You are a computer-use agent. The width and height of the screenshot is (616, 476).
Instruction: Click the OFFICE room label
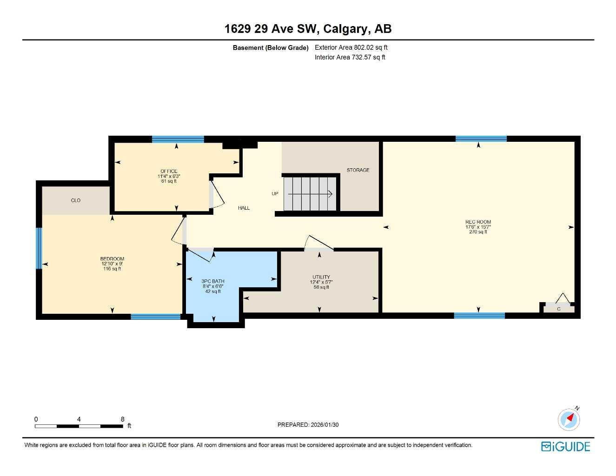tap(169, 171)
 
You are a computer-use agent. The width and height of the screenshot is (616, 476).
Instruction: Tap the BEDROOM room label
tap(112, 259)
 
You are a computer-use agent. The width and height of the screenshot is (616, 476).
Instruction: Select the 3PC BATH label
tap(213, 281)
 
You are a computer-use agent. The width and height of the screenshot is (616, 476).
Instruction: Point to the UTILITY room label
tap(321, 277)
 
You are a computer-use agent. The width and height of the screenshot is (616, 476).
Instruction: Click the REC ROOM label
tap(478, 222)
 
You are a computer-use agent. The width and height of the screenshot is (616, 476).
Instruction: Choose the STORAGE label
tap(358, 170)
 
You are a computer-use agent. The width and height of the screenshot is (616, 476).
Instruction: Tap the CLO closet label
tap(76, 200)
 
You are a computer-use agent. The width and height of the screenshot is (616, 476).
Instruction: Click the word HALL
tap(244, 208)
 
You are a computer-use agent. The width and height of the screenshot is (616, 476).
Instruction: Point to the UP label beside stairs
tap(275, 193)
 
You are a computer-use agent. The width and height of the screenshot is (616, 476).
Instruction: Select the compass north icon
tap(569, 419)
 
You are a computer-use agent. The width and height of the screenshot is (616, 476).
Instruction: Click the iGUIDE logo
tap(566, 447)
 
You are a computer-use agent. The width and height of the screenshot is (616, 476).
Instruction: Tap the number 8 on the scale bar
tap(123, 419)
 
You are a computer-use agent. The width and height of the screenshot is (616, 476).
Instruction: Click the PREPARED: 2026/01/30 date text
tap(308, 425)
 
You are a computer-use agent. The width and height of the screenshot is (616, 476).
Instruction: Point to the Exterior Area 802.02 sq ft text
tap(351, 47)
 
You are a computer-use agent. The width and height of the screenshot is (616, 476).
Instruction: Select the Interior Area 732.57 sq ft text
tap(350, 58)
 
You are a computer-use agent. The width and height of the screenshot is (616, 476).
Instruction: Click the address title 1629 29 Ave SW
tap(308, 29)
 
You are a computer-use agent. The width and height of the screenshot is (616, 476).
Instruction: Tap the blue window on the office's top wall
tap(178, 139)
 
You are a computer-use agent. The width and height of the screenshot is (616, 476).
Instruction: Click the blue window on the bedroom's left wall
tap(39, 248)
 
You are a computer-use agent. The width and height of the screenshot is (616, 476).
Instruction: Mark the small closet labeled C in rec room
tap(559, 309)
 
